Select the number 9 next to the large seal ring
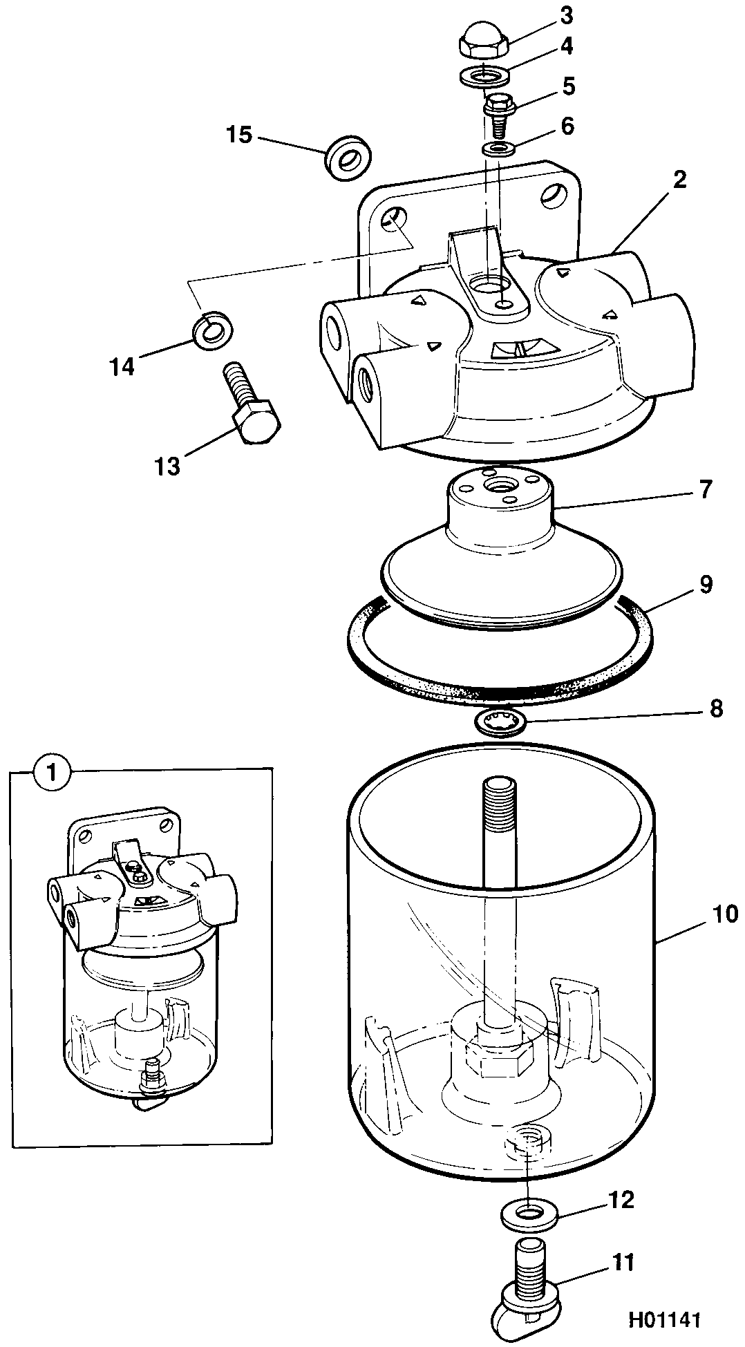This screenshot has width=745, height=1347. coord(705,584)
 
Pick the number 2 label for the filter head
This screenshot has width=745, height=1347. coord(680,180)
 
